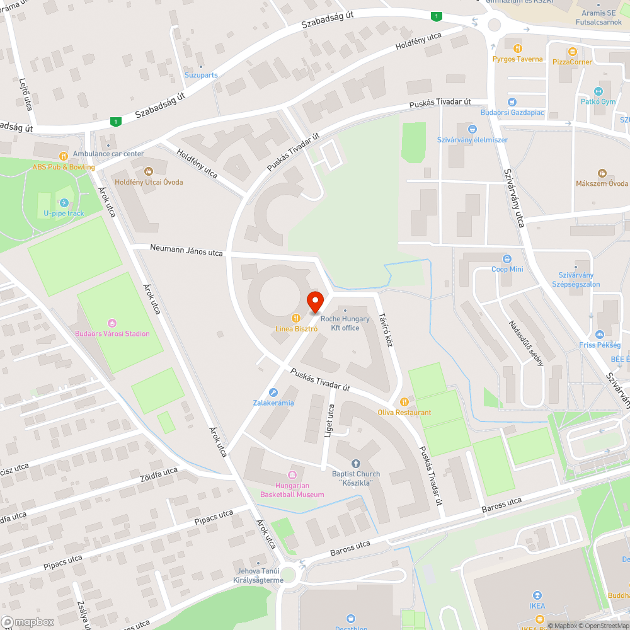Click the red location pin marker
coord(315,302)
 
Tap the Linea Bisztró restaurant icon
coord(295,319)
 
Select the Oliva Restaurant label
coord(404,413)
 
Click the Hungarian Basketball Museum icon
coord(292,474)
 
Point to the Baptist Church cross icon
coord(355,464)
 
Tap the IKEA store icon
coord(537,595)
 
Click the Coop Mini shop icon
coord(507,259)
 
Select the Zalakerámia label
coord(273,403)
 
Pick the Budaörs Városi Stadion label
coord(112,333)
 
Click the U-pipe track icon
coord(64,203)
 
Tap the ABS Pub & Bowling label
coord(63,167)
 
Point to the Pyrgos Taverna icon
coord(517,49)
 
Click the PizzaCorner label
coord(572,62)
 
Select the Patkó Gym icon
coord(598,91)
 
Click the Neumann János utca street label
coord(186,250)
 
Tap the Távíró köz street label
coord(385,330)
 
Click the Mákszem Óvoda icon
coord(602,173)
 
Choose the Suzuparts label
coord(201,75)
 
